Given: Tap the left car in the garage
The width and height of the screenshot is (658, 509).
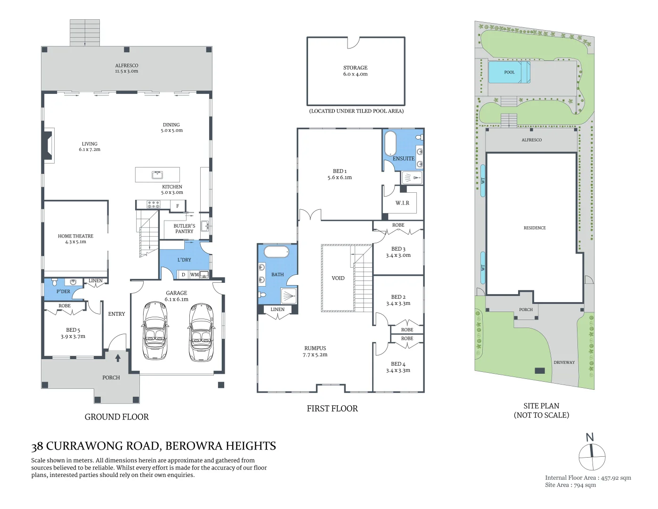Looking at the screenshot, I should pos(155,330).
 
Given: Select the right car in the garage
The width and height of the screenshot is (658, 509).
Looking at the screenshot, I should pos(201,332).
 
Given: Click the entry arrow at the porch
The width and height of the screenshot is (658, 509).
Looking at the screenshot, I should pos(118,358).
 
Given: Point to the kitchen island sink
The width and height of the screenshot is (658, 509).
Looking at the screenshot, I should pos(157,175).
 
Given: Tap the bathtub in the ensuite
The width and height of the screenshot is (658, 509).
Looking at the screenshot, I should pos(390,143).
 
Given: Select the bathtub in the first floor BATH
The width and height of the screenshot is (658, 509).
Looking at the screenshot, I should pos(276,252).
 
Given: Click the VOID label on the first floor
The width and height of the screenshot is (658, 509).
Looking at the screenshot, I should pos(338,278).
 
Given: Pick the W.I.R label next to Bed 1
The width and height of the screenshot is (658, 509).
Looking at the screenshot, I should pos(402,203).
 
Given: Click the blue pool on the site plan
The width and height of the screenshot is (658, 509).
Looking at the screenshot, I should pos(509,73).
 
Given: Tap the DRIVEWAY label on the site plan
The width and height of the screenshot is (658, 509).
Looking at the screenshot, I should pos(564,362).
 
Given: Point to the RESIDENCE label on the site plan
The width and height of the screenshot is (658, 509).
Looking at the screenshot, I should pos(535,228).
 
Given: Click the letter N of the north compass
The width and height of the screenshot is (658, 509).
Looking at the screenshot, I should pos(590,437).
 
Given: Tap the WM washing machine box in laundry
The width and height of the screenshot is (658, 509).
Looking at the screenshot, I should pos(195,275).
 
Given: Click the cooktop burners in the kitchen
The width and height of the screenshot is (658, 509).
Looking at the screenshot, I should pos(154,205).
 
